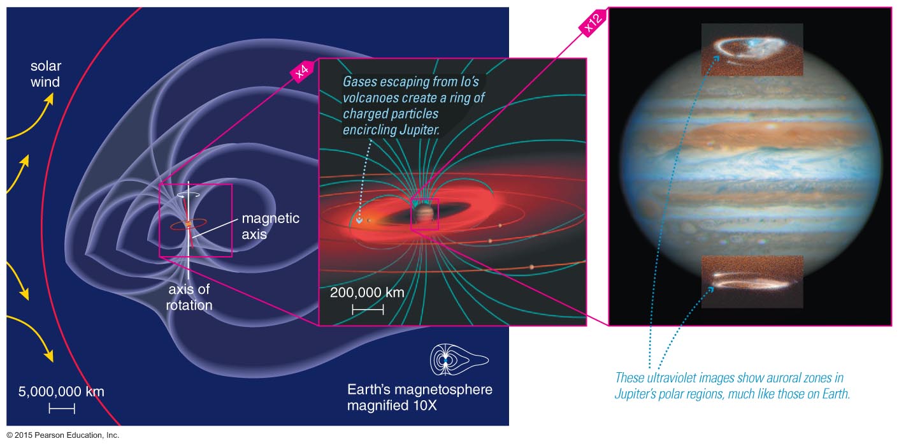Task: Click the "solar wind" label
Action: pyautogui.click(x=46, y=74)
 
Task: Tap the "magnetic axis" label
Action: pyautogui.click(x=270, y=226)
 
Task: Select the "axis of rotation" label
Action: pyautogui.click(x=189, y=297)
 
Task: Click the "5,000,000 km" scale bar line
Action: pyautogui.click(x=62, y=408)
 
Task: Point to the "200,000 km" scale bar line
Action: pyautogui.click(x=368, y=310)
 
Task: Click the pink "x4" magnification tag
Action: pyautogui.click(x=302, y=71)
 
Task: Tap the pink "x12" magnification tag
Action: pyautogui.click(x=593, y=22)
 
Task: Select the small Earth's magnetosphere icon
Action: pyautogui.click(x=459, y=359)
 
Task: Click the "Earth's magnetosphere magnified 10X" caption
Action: pyautogui.click(x=419, y=398)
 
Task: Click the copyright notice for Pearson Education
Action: pyautogui.click(x=62, y=435)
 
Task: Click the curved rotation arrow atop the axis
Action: pyautogui.click(x=189, y=195)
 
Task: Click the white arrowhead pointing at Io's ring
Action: pyautogui.click(x=359, y=220)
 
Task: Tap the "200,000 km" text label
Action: pyautogui.click(x=367, y=293)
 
